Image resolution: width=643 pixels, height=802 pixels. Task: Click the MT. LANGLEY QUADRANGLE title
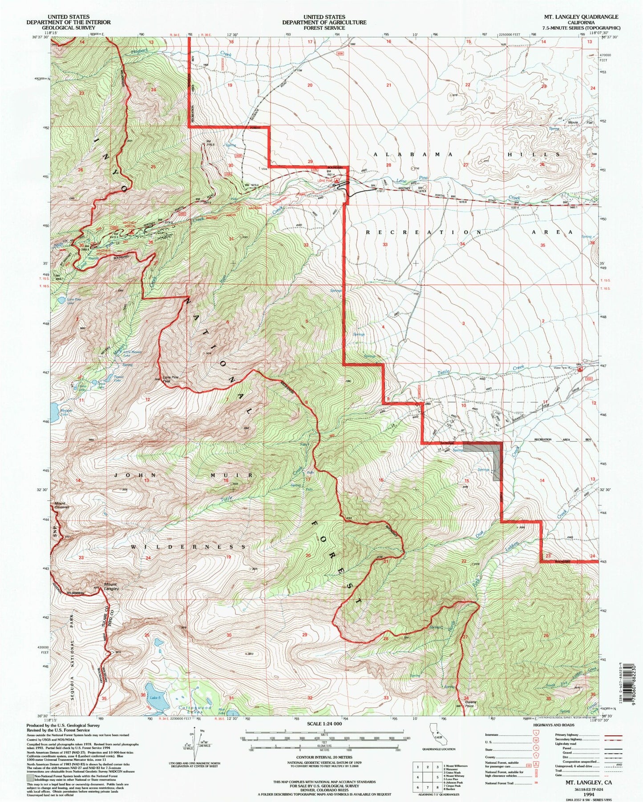click(581, 17)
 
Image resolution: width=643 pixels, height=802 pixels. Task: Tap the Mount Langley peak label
click(111, 586)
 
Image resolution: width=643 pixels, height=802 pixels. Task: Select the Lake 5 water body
click(155, 698)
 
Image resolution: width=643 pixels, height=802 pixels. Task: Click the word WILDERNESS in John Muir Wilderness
click(189, 546)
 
